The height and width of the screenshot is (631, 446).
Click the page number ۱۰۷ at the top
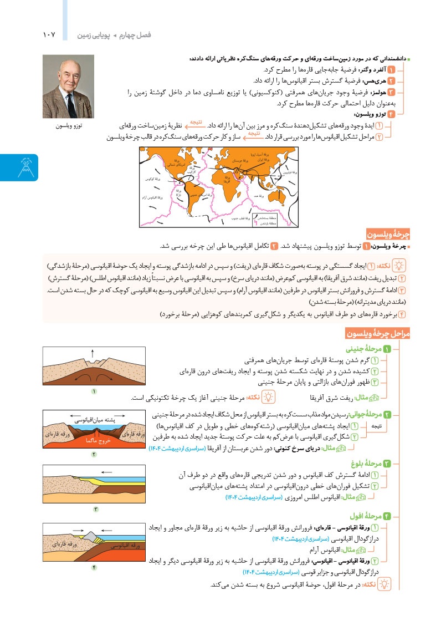pyautogui.click(x=49, y=35)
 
